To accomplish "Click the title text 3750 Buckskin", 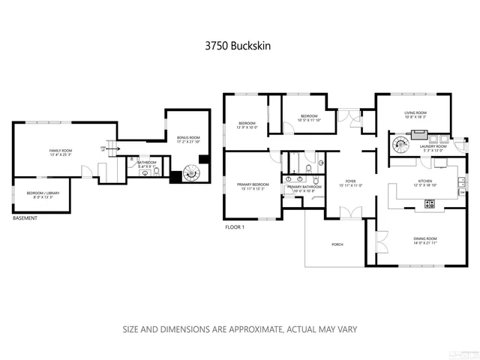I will coord(239,45).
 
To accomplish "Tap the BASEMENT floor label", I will coord(26,219).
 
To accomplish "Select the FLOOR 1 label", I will coord(235,226).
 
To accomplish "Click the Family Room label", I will coord(60,151).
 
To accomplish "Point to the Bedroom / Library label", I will coord(43,193).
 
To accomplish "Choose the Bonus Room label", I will coord(188,138).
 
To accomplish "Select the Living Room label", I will coord(415,112).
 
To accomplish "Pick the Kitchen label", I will coord(425,181).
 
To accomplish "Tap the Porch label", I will coord(337,245).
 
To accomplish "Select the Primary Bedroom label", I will coord(253,184).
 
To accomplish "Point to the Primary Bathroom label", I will coord(304,186).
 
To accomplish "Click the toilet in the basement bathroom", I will coord(155,172).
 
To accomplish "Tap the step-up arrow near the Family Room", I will coord(115,148).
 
